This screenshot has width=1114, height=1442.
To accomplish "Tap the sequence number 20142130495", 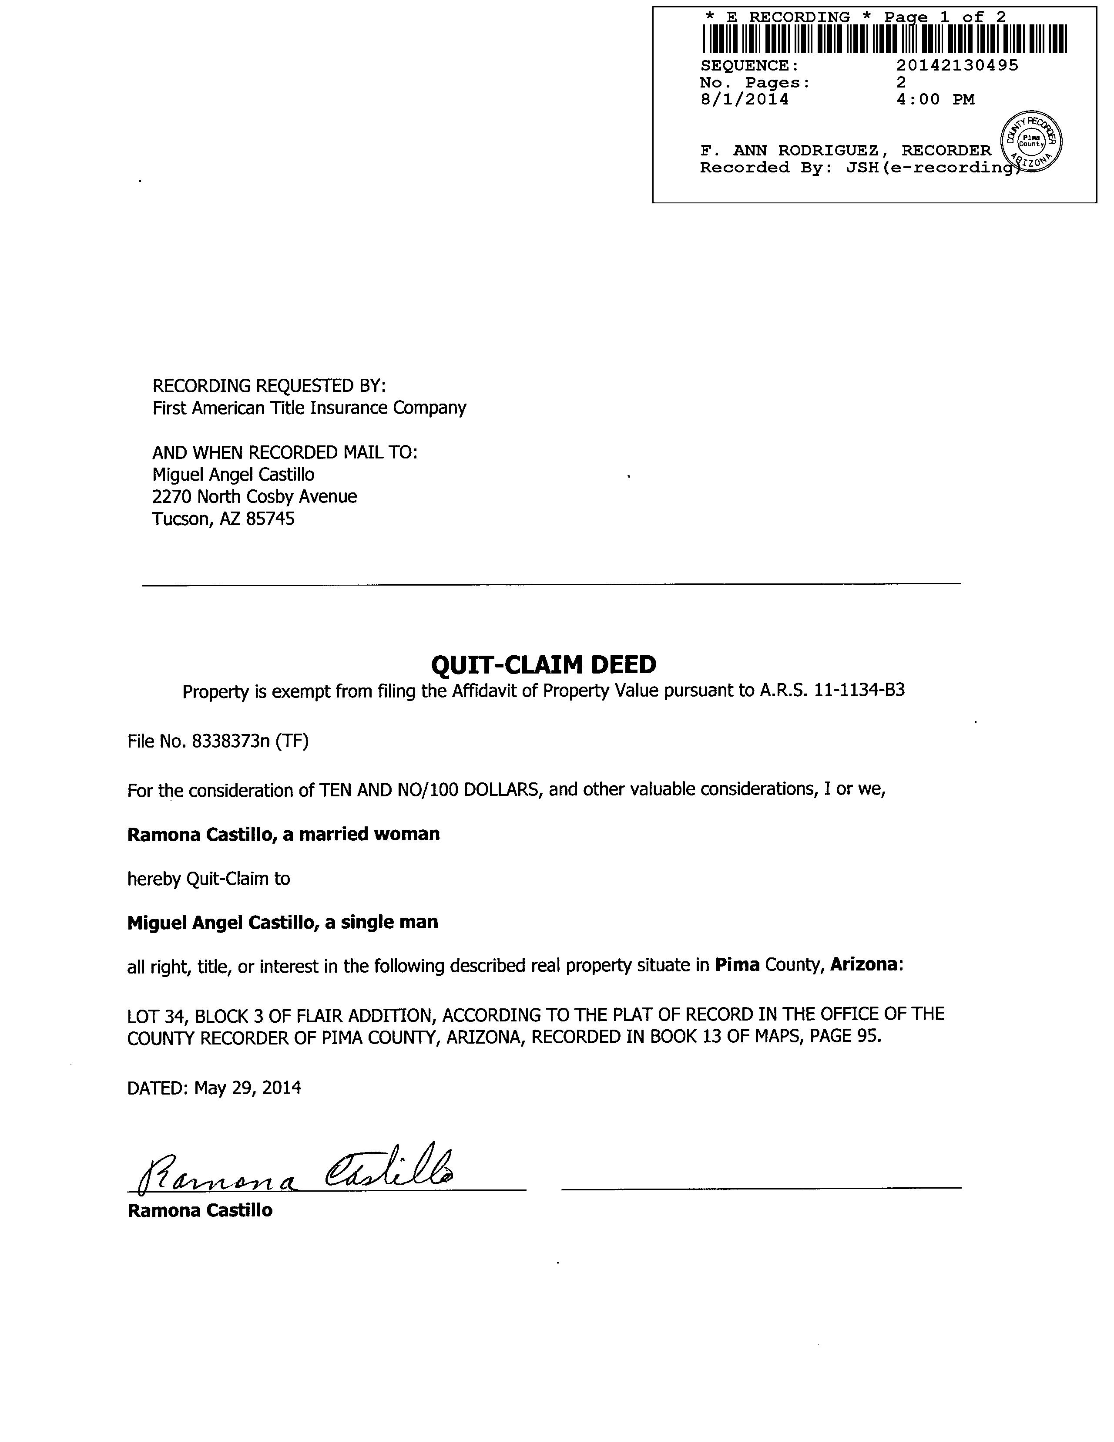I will tap(957, 65).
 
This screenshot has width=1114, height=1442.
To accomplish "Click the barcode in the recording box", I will tap(884, 38).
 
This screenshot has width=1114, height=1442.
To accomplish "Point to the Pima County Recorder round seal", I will tap(1031, 142).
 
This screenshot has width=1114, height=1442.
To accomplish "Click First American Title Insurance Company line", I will tap(309, 408).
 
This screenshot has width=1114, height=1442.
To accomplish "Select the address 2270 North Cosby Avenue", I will tap(254, 496).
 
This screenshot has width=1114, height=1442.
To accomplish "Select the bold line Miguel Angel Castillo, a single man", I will tap(282, 923).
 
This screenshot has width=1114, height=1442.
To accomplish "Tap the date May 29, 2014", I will tap(248, 1088).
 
